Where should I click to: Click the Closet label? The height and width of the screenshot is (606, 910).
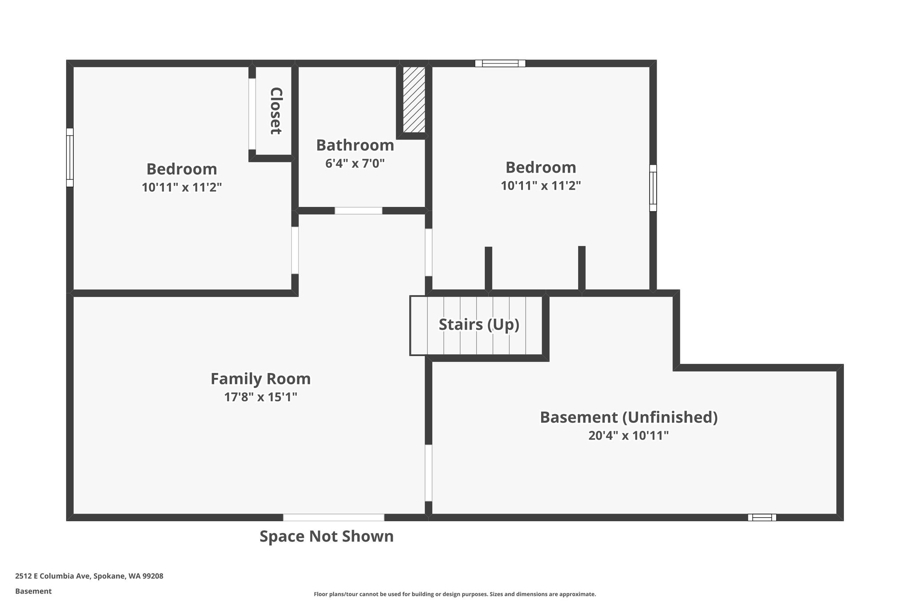[276, 111]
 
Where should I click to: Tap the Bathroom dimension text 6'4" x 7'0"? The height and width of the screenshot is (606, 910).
[355, 163]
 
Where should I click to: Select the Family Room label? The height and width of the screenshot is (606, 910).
[260, 379]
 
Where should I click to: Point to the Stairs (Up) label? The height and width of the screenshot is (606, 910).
[479, 325]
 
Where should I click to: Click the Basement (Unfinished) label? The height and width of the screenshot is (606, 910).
[629, 417]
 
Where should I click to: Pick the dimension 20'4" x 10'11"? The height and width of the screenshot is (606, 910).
[629, 436]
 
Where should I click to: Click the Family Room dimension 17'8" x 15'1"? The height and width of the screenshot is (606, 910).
[260, 397]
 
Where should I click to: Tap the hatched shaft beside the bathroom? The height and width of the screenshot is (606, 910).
[414, 99]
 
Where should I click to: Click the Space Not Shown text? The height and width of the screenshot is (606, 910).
[327, 536]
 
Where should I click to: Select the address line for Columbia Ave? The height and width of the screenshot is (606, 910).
[89, 576]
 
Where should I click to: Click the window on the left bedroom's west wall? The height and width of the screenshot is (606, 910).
[70, 158]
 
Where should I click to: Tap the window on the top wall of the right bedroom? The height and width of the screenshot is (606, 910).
[500, 63]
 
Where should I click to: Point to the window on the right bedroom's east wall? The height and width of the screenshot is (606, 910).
[653, 188]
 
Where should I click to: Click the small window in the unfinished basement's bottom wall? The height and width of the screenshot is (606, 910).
[762, 517]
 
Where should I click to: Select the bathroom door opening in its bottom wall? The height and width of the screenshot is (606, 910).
[359, 211]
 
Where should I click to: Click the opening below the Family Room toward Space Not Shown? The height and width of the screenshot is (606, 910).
[334, 517]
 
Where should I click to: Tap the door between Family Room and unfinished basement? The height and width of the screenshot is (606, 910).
[428, 473]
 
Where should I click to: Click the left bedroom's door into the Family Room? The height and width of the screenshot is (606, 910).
[295, 250]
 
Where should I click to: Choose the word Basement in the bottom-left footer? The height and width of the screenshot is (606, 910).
[33, 591]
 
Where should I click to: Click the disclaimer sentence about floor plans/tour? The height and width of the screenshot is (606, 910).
[455, 594]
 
